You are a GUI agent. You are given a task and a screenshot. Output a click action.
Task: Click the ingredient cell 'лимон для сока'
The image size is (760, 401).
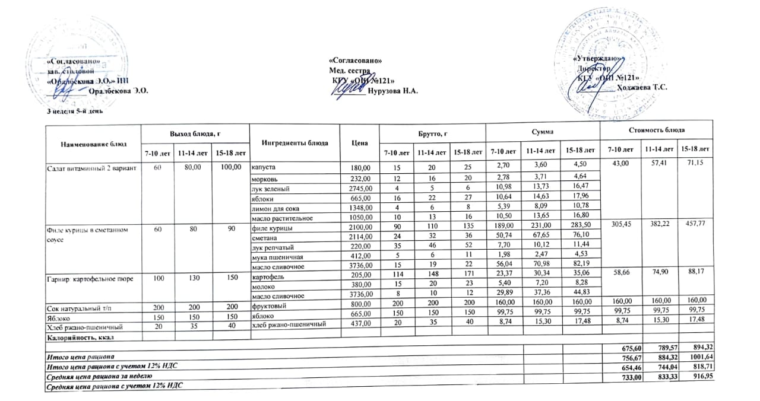pyautogui.click(x=274, y=208)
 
